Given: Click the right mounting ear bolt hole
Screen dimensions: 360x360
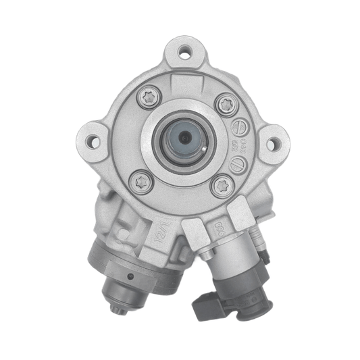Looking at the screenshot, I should coord(272,143).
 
